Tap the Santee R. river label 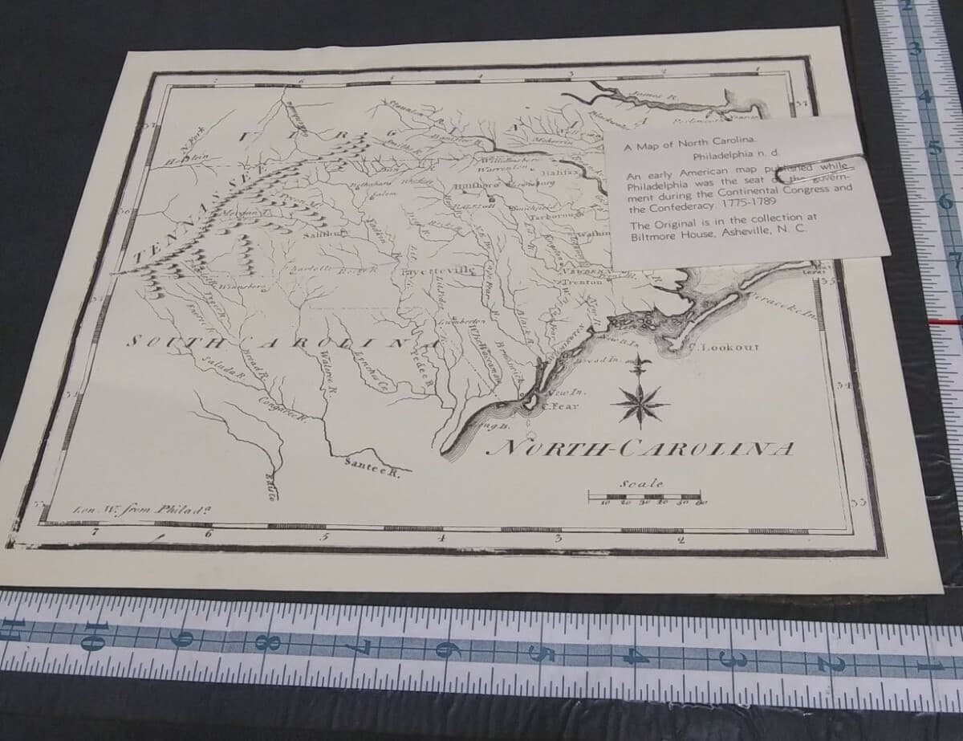(372, 467)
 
